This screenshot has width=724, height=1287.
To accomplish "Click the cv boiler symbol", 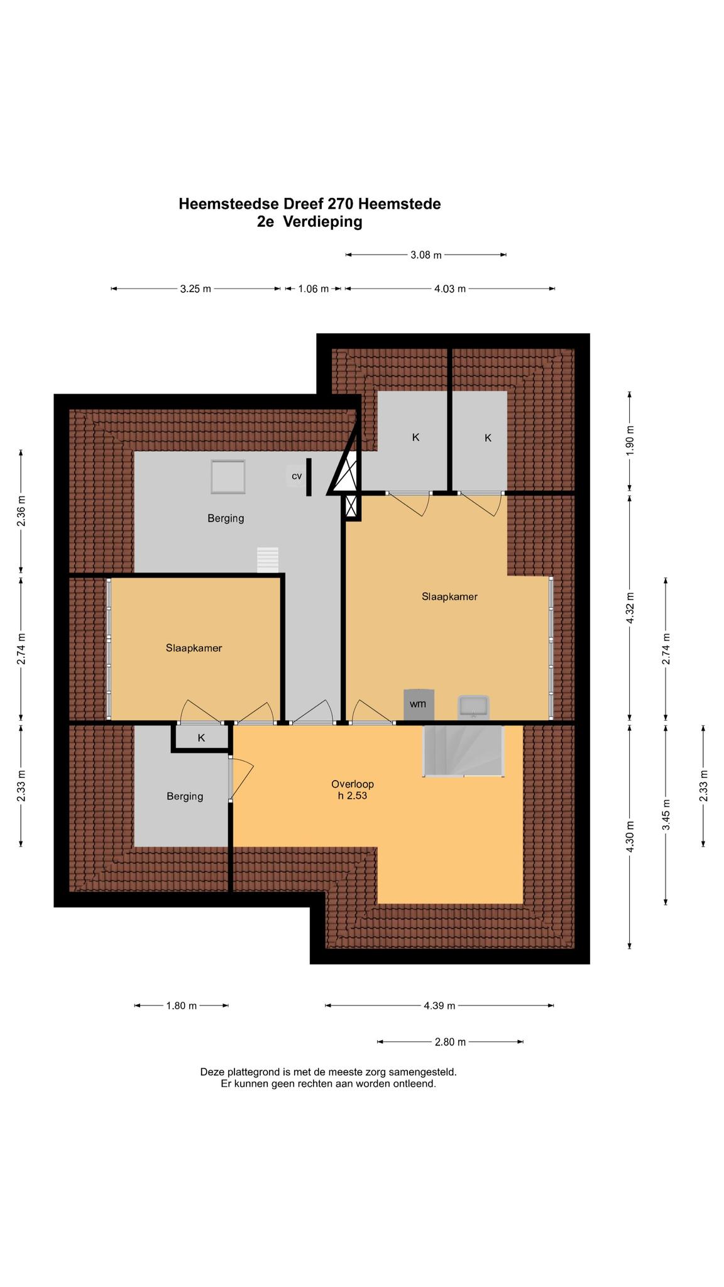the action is pos(296,476).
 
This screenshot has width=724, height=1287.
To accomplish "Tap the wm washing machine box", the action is pos(417,704).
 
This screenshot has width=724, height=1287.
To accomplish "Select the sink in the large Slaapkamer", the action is pos(473,706).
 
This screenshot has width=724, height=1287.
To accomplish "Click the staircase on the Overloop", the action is pos(463,752).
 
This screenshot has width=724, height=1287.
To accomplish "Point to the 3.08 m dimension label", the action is pos(426,255).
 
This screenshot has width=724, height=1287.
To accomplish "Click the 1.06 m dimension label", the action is pos(313,289).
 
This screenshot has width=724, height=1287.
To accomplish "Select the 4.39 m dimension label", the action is pos(439,1005).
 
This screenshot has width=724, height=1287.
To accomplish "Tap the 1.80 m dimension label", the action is pos(182,1005).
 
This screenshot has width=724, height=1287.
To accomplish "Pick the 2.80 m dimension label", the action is pos(450,1042).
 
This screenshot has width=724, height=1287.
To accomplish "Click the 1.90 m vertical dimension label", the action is pos(630,441).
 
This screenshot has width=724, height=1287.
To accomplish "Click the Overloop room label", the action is pos(353,784).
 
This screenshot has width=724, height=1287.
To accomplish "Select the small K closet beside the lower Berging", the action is pos(201,738).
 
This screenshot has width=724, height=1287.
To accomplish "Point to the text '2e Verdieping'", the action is pos(310,222).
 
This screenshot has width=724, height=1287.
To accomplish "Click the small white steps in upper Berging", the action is pos(268,560).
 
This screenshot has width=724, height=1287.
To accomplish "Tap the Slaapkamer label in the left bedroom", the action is pos(194,648).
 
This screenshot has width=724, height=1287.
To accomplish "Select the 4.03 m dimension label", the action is pos(450,289).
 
